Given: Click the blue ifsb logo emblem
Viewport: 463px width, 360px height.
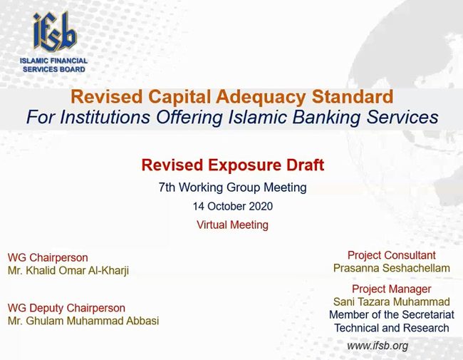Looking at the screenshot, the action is coord(55,31).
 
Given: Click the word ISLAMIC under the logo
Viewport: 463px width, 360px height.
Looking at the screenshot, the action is coord(33,61).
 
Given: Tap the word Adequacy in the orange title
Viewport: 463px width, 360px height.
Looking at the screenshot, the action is coord(261,97).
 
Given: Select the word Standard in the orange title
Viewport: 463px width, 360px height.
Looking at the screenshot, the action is coord(353,97).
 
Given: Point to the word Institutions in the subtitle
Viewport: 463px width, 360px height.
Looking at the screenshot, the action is coord(105,117).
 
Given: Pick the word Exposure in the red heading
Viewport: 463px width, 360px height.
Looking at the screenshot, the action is coord(244,165).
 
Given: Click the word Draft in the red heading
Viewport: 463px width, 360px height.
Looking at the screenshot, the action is coord(305,165).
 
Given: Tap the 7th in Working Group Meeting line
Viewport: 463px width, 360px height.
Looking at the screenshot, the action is coord(167,187).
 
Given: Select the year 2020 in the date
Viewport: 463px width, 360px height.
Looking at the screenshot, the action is coord(261,206).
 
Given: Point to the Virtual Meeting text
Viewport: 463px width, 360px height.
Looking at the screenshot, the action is coord(233,225).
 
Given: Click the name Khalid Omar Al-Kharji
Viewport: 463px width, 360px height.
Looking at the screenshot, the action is coord(78,271).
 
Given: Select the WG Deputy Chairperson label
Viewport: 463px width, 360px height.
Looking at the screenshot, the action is coord(66,308).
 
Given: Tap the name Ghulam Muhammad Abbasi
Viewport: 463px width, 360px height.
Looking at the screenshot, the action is coord(93,321).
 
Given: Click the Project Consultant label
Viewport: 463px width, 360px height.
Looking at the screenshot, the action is coord(392,255).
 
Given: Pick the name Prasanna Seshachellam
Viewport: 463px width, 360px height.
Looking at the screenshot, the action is coord(392,268).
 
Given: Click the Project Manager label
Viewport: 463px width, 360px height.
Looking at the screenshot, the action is coord(392,289).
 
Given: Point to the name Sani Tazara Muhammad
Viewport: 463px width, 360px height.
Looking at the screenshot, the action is coord(392,302).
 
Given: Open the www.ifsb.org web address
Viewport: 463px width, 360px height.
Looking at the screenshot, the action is coord(378,346).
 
